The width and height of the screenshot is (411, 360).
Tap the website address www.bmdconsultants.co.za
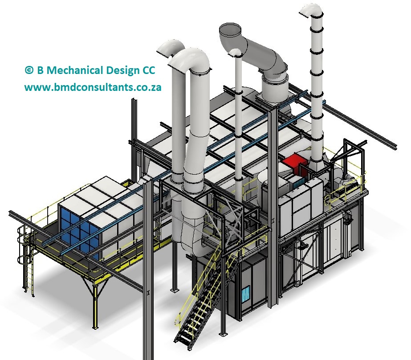93,87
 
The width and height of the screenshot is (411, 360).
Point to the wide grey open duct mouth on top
230,31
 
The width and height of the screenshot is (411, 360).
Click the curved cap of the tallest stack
311,11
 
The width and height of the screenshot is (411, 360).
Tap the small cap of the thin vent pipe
236,53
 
